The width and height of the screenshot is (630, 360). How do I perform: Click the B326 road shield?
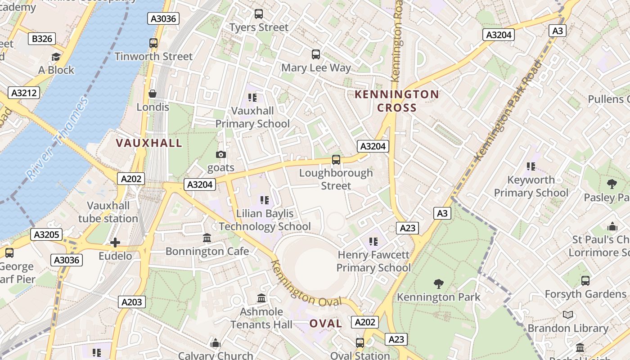[x=41, y=39]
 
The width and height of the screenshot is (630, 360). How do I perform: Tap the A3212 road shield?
[x=24, y=93]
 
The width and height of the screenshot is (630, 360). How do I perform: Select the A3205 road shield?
[x=46, y=234]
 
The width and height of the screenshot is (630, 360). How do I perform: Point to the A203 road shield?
[x=132, y=302]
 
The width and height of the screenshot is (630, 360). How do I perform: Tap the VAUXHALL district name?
[x=149, y=143]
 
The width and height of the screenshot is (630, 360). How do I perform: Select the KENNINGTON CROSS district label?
[x=396, y=101]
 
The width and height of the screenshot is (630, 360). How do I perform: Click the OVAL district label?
[x=326, y=323]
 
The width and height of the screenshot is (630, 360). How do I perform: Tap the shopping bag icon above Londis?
[x=153, y=94]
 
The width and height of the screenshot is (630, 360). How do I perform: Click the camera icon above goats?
[x=220, y=154]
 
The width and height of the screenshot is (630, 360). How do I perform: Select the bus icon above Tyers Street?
[x=258, y=14]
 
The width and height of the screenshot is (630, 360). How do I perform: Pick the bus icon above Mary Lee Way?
[x=316, y=54]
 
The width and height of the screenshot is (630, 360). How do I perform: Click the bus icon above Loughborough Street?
[x=336, y=159]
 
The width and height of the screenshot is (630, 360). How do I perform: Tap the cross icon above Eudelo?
[x=115, y=243]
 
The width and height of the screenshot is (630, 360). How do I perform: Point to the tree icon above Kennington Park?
[x=438, y=283]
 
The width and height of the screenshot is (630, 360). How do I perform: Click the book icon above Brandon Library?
[x=568, y=315]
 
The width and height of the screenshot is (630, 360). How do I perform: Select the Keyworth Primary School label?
[x=531, y=186]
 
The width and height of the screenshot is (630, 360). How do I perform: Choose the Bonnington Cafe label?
[x=207, y=251]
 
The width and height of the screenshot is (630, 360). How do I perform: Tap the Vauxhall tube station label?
[x=108, y=212]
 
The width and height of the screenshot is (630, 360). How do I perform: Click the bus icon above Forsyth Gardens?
[x=585, y=281]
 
